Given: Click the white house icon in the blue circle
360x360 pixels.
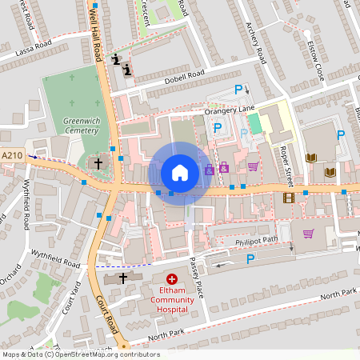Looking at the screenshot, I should pos(180,172).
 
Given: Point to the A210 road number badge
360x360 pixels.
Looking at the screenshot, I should pos(12,155).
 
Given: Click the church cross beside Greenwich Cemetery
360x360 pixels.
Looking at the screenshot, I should pos(98,163).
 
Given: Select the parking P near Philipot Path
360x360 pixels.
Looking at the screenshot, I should pos(250,258).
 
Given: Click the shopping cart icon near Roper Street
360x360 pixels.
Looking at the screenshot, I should pos(253,166).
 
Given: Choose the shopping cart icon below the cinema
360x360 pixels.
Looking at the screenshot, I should pos(307,234).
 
